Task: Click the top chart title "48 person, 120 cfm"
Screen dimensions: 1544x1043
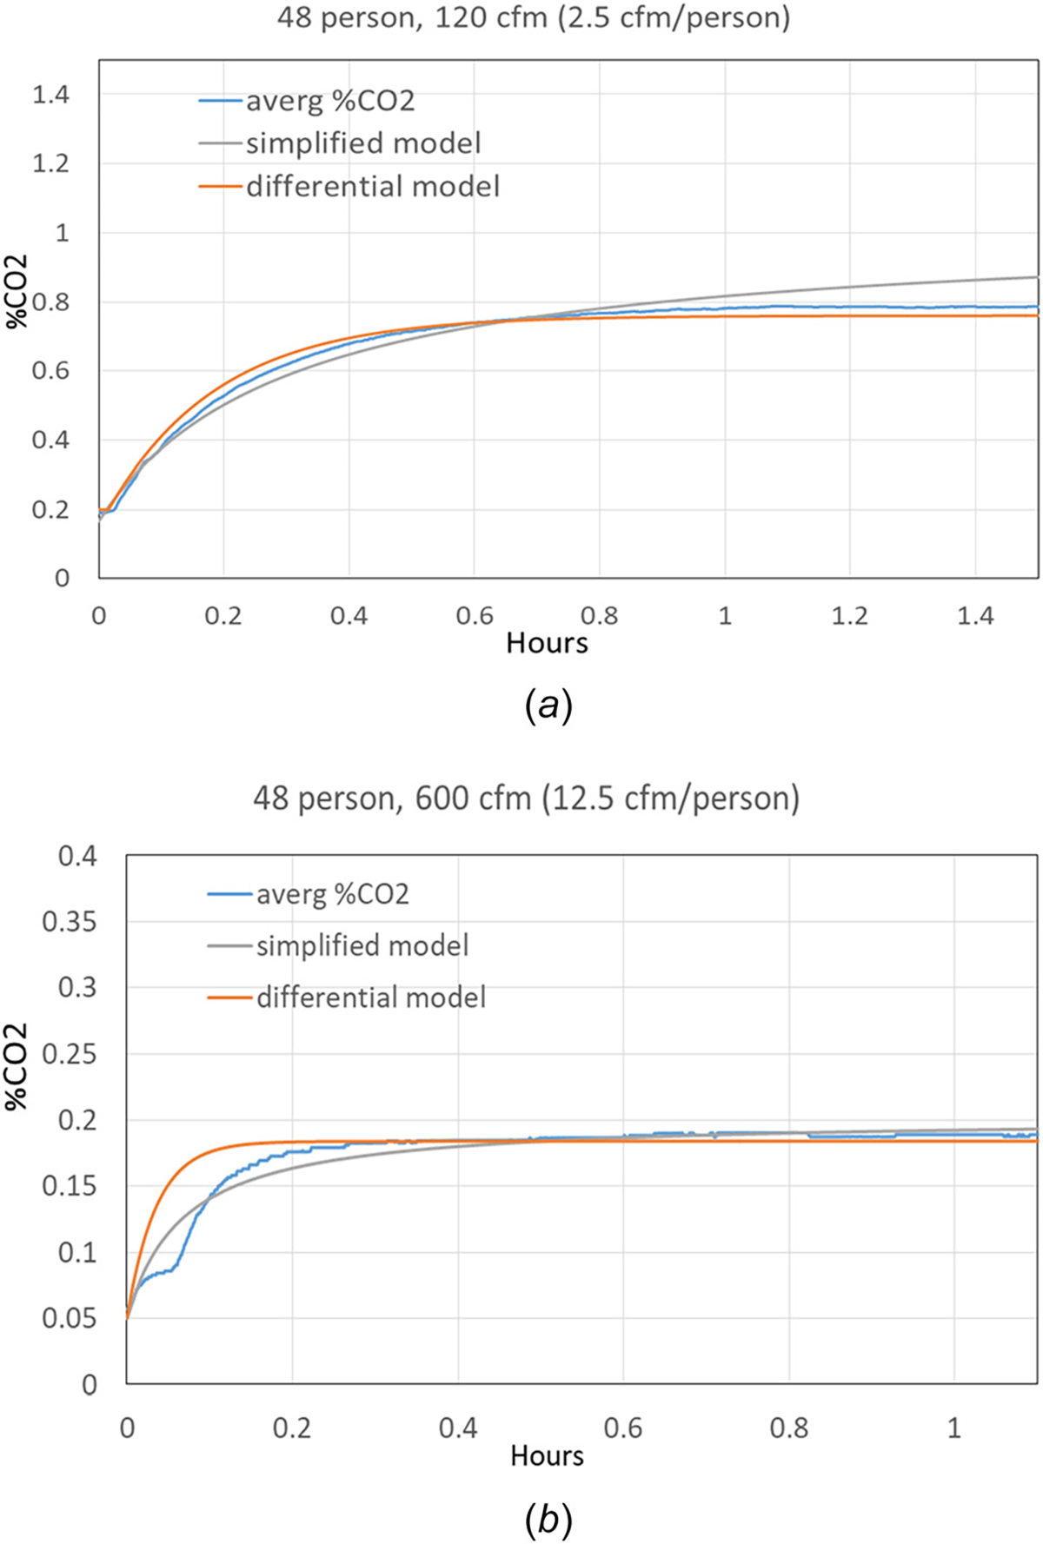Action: [x=533, y=18]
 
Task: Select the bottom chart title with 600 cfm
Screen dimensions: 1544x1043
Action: [x=526, y=797]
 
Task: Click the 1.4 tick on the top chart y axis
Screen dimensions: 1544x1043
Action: [x=50, y=95]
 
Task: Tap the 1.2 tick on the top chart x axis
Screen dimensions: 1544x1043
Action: [x=849, y=616]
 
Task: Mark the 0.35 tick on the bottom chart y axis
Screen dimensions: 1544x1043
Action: [x=69, y=921]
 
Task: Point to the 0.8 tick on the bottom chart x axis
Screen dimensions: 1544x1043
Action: [x=788, y=1428]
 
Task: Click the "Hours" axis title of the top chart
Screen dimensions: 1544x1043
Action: [x=547, y=643]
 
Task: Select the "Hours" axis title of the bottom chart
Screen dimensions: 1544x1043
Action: [x=547, y=1455]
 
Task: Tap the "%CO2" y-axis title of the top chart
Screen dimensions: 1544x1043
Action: [x=17, y=293]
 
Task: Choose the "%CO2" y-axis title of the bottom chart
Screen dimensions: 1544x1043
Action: [x=17, y=1066]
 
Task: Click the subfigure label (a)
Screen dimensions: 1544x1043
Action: [x=548, y=706]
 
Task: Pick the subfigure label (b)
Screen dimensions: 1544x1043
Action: [x=548, y=1520]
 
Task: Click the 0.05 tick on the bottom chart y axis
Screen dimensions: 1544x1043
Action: [x=69, y=1318]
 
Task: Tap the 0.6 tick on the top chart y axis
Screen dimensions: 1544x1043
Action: [x=50, y=371]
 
